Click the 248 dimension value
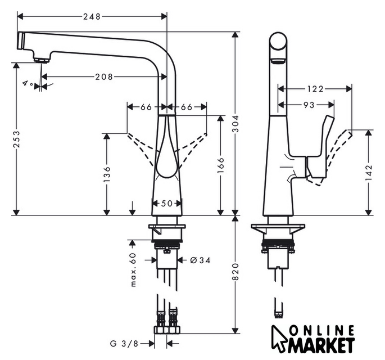pos(93,16)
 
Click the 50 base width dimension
pos(167,204)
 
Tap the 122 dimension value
pos(316,89)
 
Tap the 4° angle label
pos(27,84)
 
